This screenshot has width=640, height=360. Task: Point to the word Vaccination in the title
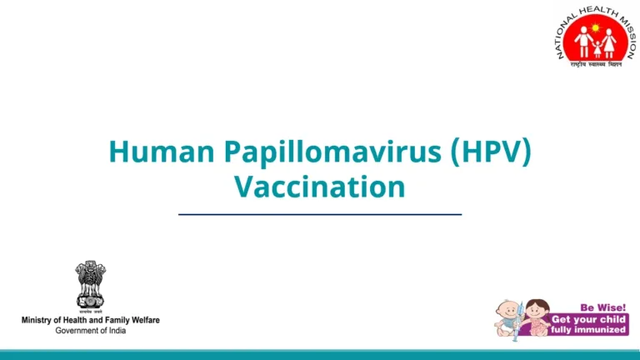(319, 186)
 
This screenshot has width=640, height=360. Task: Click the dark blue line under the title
(319, 214)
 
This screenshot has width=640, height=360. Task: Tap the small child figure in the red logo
(597, 46)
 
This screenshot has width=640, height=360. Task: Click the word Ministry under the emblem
(39, 321)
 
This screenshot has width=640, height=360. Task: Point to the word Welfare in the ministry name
(142, 321)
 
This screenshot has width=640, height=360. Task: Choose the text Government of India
(90, 331)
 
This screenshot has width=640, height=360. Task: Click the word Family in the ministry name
(109, 321)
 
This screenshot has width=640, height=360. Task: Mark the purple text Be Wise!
(602, 307)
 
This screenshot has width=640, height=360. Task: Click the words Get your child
(588, 319)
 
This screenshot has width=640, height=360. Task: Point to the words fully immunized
(588, 330)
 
